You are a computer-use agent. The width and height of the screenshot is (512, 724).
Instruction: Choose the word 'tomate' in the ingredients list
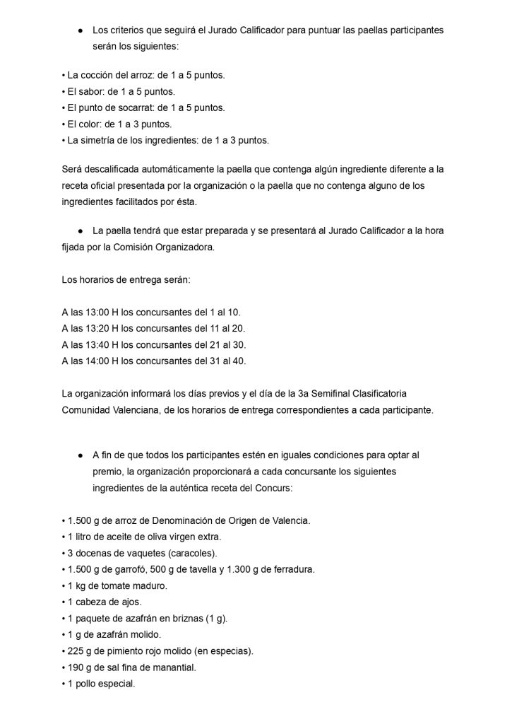(114, 585)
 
